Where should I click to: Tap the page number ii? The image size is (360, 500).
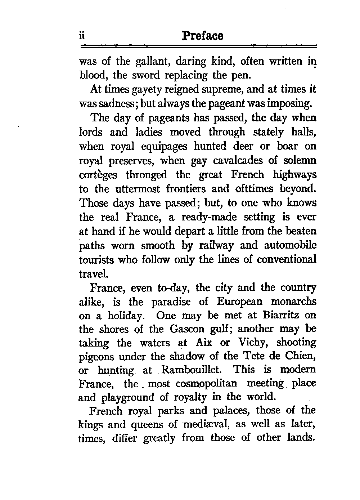coord(82,36)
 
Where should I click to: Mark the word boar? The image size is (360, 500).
coord(287,146)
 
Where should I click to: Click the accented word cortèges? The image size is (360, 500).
coord(98,175)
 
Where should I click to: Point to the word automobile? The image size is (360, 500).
coord(290,246)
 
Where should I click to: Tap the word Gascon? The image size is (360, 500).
coord(187,329)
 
